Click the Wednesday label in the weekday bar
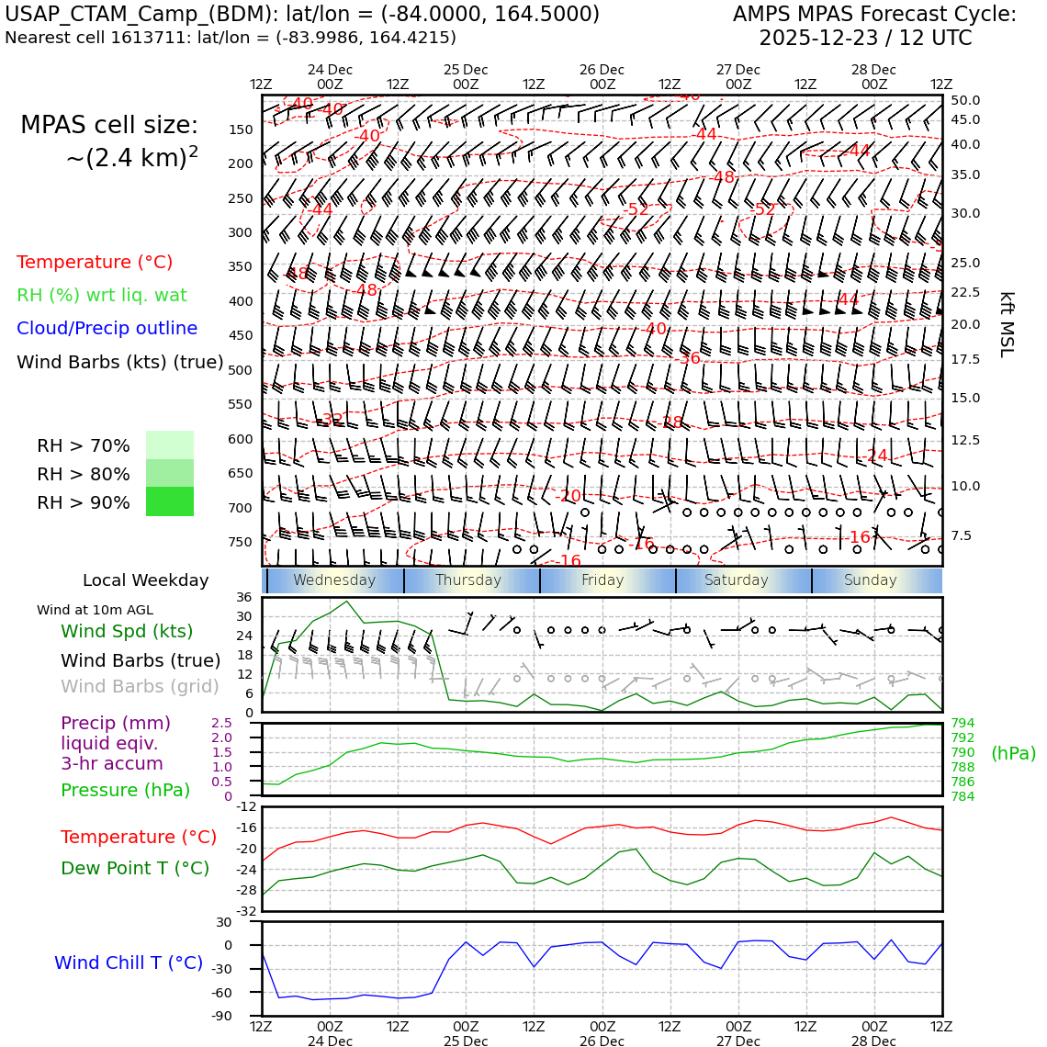334,580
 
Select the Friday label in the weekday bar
602,580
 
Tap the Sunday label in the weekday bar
870,580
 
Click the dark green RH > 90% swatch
170,501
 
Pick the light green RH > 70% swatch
170,445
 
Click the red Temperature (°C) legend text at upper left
95,262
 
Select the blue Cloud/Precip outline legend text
107,328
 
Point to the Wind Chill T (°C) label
129,963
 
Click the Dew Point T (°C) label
135,868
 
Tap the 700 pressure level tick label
240,508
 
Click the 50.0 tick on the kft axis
965,100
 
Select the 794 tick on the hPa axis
963,724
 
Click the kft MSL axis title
1007,324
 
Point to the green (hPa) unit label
1013,753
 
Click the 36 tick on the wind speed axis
243,597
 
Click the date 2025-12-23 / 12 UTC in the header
865,39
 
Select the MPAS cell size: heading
109,126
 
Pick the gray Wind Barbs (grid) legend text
141,686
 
